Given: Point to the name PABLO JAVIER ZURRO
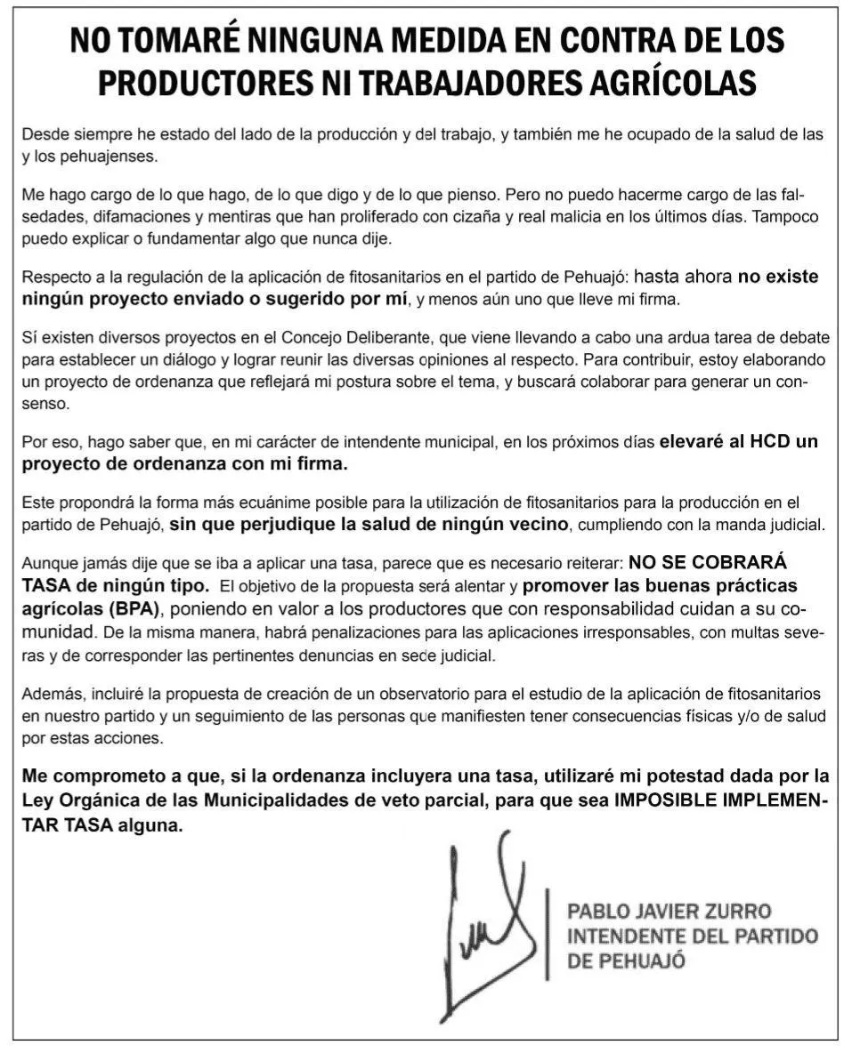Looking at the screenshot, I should [x=669, y=912].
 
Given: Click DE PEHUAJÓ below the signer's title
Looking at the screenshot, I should [x=626, y=961].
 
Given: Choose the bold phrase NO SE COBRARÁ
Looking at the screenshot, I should [x=707, y=564].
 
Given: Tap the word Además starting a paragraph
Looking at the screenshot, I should [x=52, y=694].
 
